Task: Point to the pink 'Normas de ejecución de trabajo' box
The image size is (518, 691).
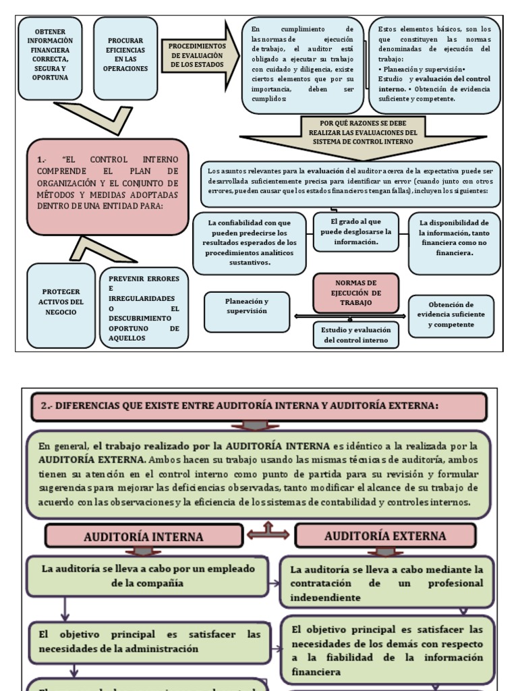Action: pos(357,293)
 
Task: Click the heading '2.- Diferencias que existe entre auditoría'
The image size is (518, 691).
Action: pos(258,406)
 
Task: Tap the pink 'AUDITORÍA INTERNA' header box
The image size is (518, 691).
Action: pos(143,536)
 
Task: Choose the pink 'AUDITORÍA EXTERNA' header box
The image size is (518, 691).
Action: pos(394,536)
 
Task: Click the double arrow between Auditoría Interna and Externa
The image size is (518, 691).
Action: pos(268,533)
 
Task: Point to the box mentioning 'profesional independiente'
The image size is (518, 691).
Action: pos(387,582)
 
